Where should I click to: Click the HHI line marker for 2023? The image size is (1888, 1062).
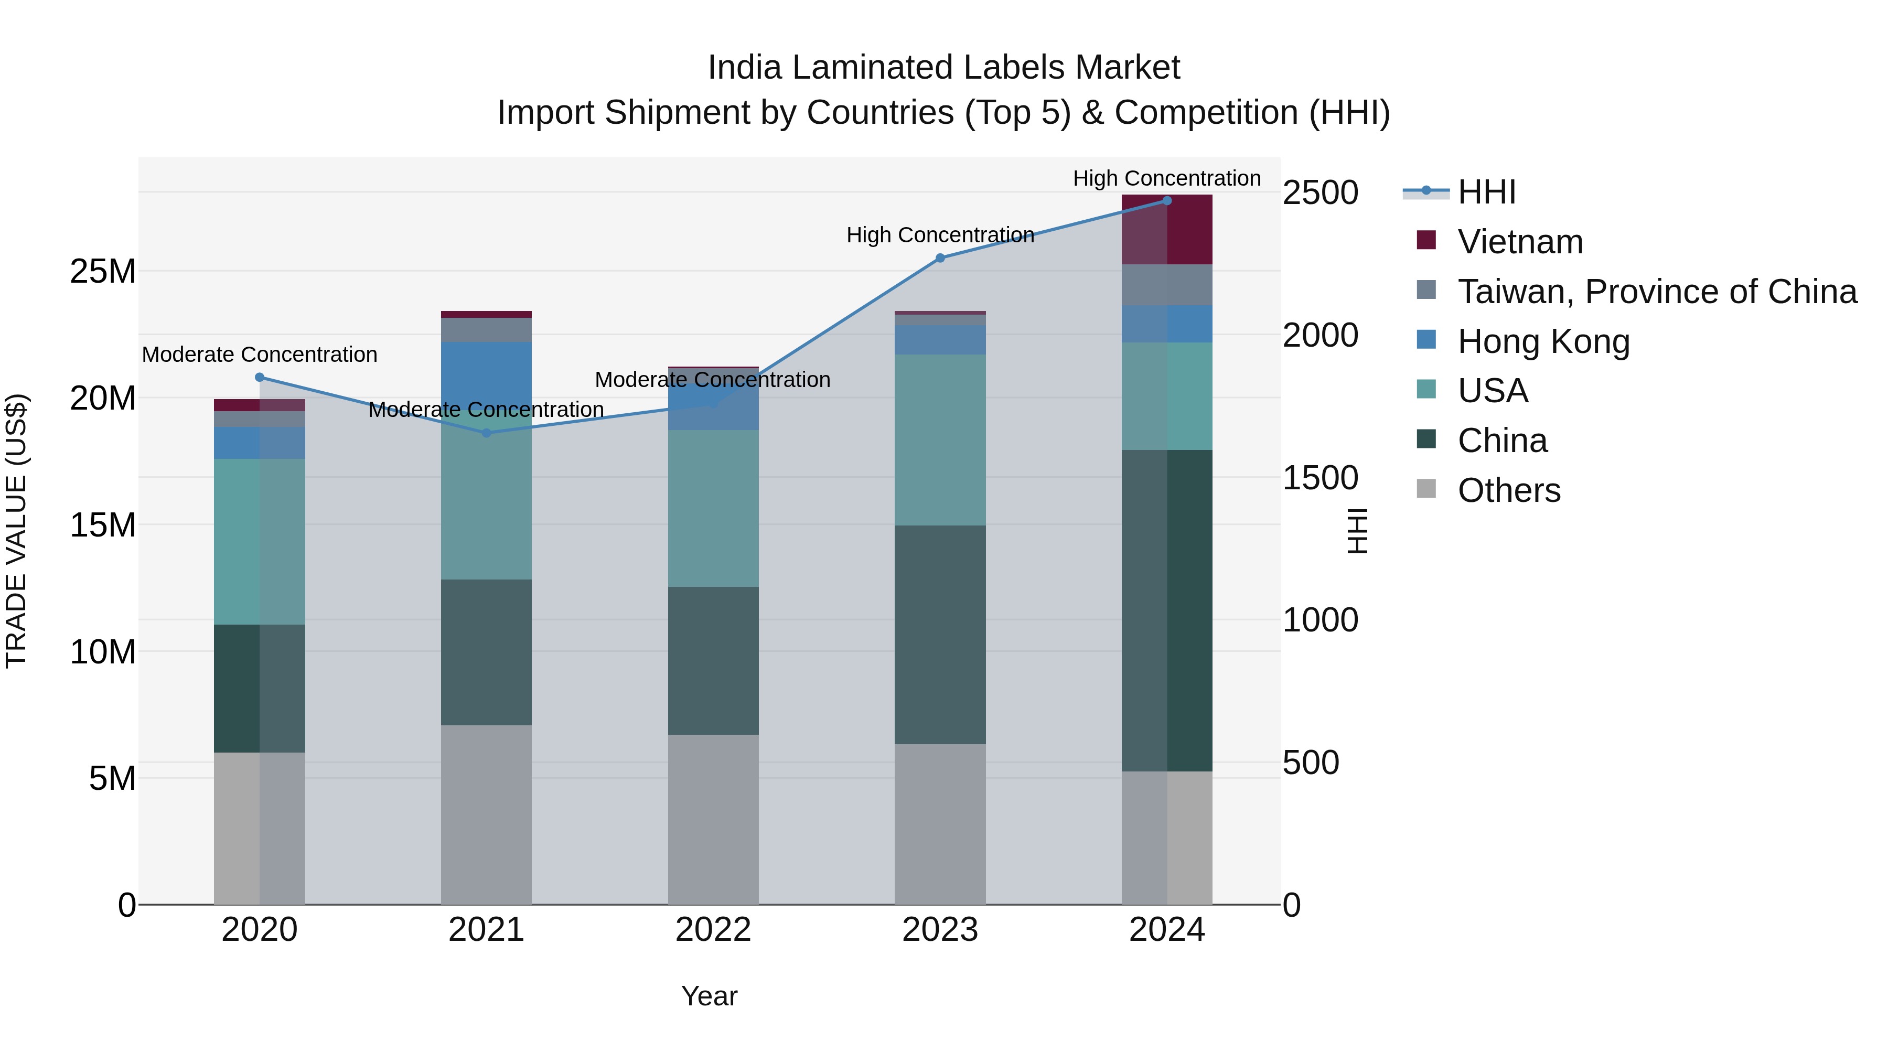click(940, 258)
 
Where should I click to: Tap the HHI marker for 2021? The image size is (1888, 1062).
click(487, 433)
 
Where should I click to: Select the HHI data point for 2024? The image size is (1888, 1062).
click(1167, 201)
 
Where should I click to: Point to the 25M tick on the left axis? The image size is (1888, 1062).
click(103, 272)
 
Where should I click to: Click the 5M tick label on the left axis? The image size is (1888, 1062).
click(112, 778)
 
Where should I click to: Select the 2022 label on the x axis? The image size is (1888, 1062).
click(713, 930)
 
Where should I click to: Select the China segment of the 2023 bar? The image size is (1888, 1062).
click(940, 634)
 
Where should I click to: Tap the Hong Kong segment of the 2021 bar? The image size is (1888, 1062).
click(487, 374)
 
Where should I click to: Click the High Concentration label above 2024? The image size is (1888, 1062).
click(1167, 179)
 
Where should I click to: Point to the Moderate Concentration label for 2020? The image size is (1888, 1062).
click(260, 355)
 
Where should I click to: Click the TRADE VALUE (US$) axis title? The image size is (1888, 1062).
click(16, 531)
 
